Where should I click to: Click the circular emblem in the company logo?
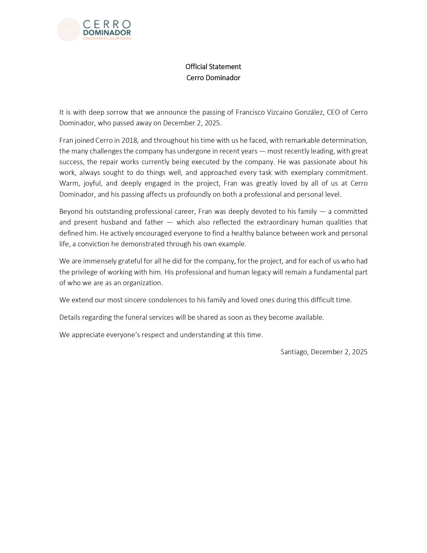pyautogui.click(x=68, y=29)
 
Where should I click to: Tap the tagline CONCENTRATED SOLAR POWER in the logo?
pyautogui.click(x=107, y=39)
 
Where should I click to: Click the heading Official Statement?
pyautogui.click(x=213, y=67)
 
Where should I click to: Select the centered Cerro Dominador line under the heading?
pyautogui.click(x=213, y=78)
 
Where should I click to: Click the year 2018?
pyautogui.click(x=130, y=140)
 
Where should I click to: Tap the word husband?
pyautogui.click(x=113, y=223)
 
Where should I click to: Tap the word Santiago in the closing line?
pyautogui.click(x=294, y=352)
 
